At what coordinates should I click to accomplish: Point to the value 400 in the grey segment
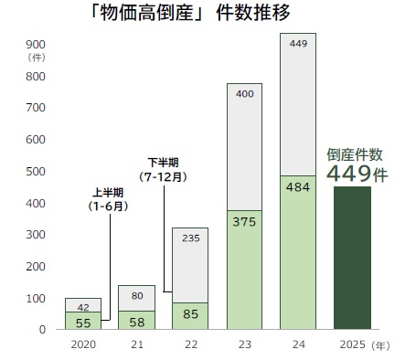coord(244,94)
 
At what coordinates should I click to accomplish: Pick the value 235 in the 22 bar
coord(190,239)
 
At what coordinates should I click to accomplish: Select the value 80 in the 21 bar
coord(136,295)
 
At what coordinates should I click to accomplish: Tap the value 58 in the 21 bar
coord(136,321)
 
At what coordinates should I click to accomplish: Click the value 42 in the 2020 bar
coord(82,307)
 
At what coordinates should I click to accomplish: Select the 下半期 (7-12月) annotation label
coord(164,169)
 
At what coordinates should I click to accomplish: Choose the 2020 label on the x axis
coord(82,345)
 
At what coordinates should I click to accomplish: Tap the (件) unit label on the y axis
coord(37,57)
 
